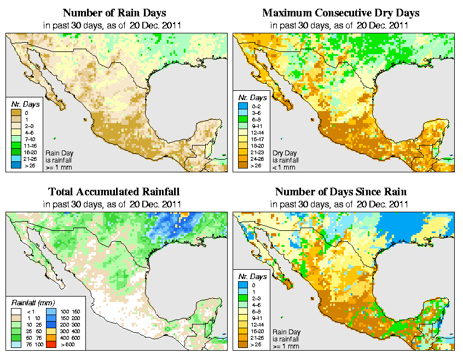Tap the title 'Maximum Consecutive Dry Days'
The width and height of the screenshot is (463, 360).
coord(340,13)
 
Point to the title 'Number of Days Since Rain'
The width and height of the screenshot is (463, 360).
coord(340,192)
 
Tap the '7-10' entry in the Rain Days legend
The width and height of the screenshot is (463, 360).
coord(30,140)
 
